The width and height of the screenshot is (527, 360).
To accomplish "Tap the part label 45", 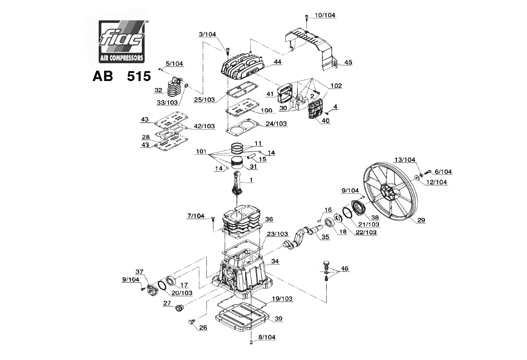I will pyautogui.click(x=348, y=62).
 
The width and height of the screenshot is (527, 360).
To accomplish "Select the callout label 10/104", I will pyautogui.click(x=325, y=15).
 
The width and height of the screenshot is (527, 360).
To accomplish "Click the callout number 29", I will pyautogui.click(x=421, y=220).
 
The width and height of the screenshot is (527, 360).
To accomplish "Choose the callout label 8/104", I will pyautogui.click(x=267, y=337).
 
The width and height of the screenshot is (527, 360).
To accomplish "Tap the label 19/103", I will pyautogui.click(x=282, y=299).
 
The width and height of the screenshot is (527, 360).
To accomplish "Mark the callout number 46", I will pyautogui.click(x=344, y=269).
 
